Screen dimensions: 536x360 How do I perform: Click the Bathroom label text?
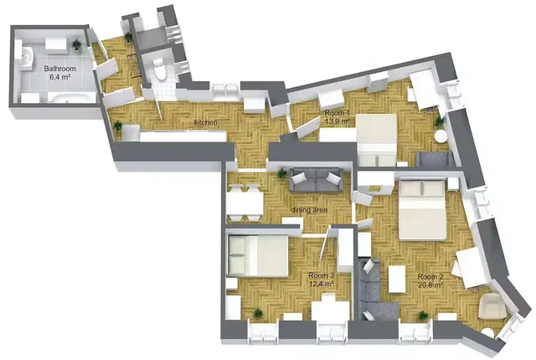pos(59,69)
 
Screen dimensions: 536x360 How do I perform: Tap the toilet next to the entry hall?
pos(159,69)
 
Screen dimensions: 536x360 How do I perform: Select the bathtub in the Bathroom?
pos(71,98)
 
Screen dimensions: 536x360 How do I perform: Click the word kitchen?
pos(205,122)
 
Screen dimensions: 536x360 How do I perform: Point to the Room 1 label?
pos(337,113)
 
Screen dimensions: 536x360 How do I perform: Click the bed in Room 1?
pos(377,140)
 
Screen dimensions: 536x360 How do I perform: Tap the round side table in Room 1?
pos(441,136)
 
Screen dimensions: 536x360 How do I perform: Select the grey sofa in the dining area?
pos(316,179)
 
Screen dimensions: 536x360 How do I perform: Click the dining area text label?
pos(309,209)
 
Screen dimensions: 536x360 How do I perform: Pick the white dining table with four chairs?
pos(244,203)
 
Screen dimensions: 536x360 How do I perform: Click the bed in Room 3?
pos(258,256)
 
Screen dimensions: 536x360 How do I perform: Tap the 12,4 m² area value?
pos(321,284)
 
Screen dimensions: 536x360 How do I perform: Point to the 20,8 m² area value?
pos(430,285)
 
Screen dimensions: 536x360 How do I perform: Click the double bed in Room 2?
pos(423,209)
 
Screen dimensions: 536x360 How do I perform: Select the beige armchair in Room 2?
pos(491,306)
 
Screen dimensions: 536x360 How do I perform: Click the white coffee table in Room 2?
pos(397,279)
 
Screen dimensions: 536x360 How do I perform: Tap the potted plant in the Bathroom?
pos(76,44)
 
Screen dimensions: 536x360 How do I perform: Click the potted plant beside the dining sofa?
pos(282,173)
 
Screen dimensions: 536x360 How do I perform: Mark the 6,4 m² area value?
pos(59,77)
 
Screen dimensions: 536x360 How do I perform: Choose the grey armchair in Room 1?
pos(434,159)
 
